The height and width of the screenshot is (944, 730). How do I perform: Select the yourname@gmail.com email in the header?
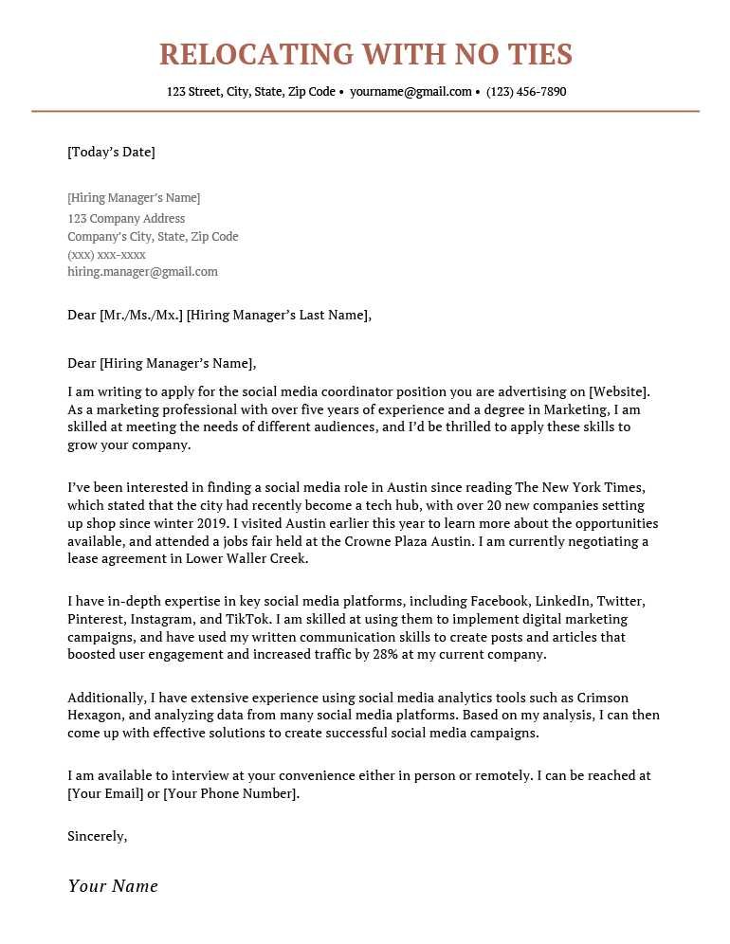point(411,92)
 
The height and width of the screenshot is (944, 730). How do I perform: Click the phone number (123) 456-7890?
point(526,92)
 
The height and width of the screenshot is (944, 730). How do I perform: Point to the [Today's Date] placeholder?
point(111,152)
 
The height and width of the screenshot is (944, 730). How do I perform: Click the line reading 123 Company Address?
point(126,219)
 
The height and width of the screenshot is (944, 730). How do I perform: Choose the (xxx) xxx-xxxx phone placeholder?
point(106,255)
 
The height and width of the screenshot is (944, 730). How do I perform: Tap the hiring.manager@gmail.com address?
point(142,272)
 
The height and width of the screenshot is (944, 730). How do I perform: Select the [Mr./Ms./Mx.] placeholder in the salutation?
point(140,316)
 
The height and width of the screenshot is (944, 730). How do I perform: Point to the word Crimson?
point(603,699)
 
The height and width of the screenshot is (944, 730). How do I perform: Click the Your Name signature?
point(113,886)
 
